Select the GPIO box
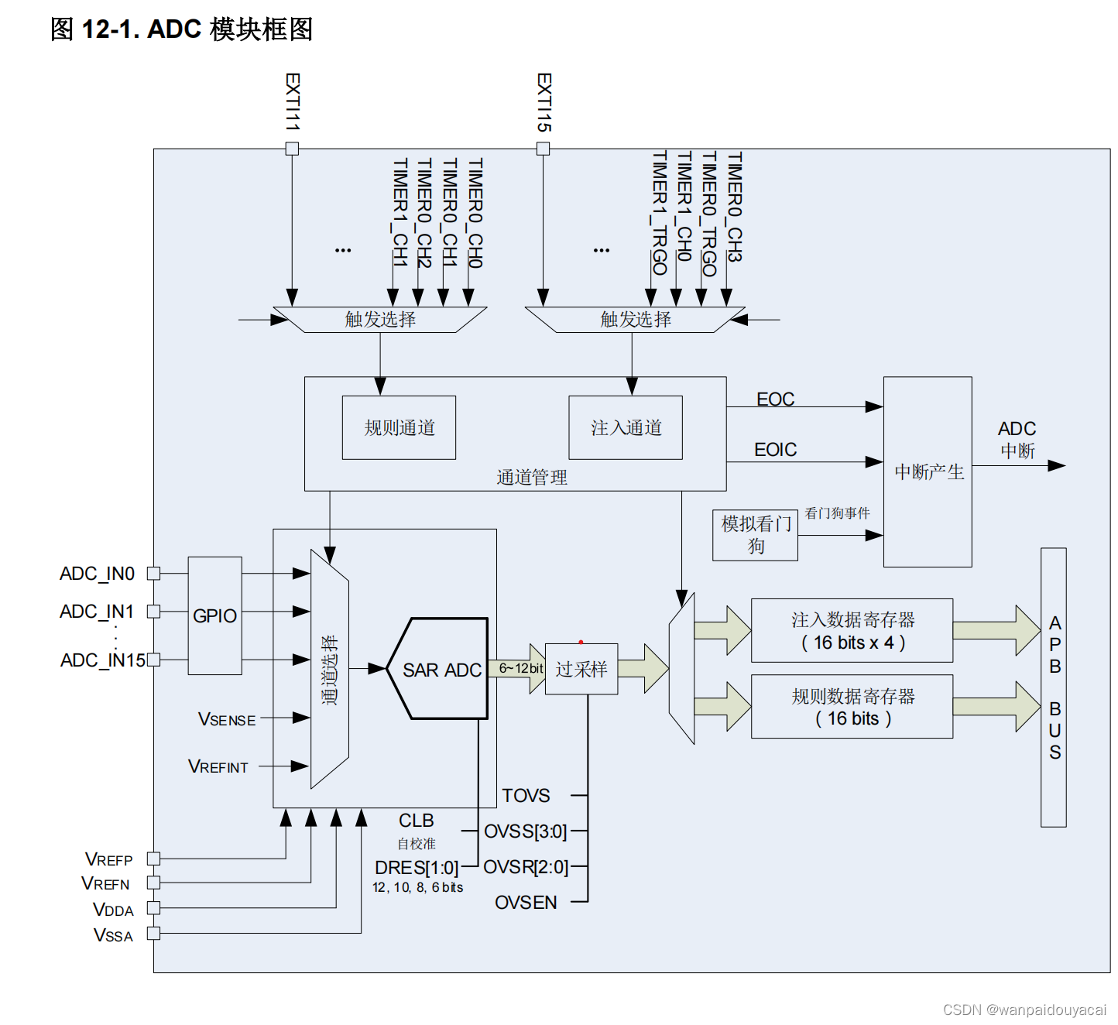214,615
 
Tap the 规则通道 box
399,427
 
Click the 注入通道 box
626,427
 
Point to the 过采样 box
581,669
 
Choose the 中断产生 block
928,471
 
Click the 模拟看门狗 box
755,534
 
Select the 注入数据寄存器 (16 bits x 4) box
852,630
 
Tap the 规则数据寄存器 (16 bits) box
852,707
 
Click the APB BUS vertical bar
1054,687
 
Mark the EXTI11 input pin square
292,149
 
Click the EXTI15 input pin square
544,149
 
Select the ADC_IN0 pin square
153,574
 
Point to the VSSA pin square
153,934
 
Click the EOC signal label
775,399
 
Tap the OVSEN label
526,903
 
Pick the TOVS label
526,796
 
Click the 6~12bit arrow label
520,668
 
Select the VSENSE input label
227,719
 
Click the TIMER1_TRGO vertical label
659,213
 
